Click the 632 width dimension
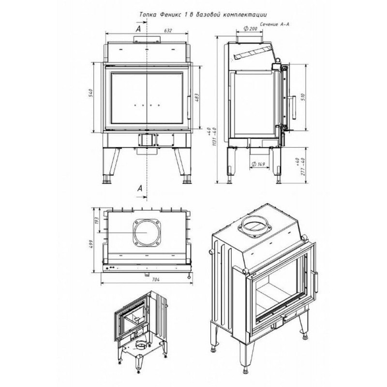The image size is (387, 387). pos(168,30)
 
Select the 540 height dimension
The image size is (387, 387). pos(90,93)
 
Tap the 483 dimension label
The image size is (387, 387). pos(197,98)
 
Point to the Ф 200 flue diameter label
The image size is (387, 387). pos(250,29)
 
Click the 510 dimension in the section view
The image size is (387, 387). pos(303,96)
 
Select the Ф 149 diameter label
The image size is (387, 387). pos(258,164)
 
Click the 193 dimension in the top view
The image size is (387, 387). pos(96,220)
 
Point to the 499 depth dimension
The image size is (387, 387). pos(91,244)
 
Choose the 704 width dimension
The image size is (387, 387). pos(155,280)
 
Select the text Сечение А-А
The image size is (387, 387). pos(274,24)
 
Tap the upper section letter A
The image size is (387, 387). pos(138,29)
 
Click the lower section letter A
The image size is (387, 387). pos(140,189)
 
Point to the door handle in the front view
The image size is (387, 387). pos(189,107)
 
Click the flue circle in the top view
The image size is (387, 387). pos(147,232)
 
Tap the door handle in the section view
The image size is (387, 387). pos(294,107)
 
